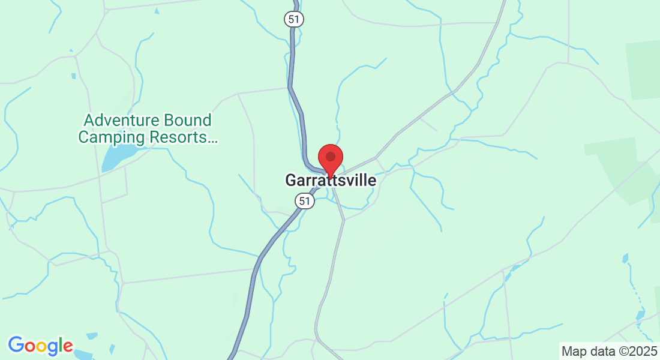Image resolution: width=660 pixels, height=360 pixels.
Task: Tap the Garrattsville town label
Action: (331, 180)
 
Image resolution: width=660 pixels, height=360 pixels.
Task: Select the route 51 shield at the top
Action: (293, 19)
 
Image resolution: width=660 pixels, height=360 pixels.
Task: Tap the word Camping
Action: (112, 137)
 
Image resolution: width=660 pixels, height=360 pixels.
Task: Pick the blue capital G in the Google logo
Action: (16, 345)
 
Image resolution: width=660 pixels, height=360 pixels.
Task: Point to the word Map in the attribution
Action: (573, 351)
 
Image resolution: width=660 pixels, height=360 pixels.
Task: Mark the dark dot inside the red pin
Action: (330, 156)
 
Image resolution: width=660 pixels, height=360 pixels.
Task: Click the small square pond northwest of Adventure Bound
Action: (73, 76)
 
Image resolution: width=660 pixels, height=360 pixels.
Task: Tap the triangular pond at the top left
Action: (157, 10)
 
